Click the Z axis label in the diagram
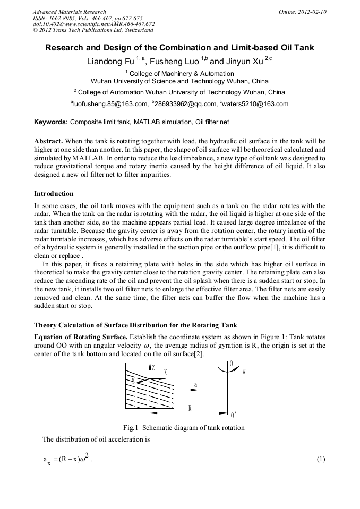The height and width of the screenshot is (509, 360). (153, 367)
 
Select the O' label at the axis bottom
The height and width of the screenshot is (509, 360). (233, 415)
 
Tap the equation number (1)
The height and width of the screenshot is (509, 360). (320, 459)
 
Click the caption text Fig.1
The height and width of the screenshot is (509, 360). (130, 428)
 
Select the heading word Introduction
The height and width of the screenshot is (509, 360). (54, 194)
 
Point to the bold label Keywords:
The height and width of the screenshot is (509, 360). (51, 122)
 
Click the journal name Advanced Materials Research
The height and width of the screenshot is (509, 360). (69, 12)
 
